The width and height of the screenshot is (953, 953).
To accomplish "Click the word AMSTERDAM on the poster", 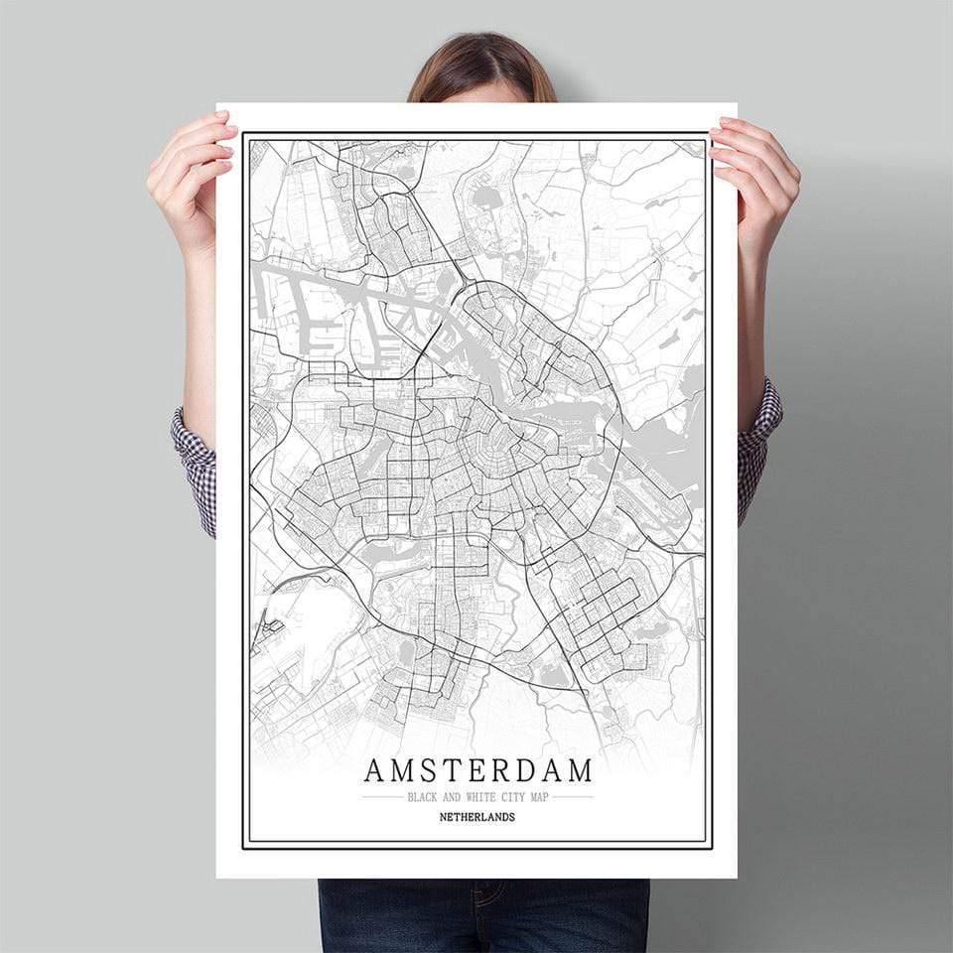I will pos(477,770).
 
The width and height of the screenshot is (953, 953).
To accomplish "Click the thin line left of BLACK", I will pos(382,797).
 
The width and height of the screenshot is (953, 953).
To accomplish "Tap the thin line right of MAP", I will pos(574,797).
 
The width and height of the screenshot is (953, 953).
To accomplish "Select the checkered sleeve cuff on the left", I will pos(197,467).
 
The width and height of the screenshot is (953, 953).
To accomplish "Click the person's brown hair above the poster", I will pos(480,65).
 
